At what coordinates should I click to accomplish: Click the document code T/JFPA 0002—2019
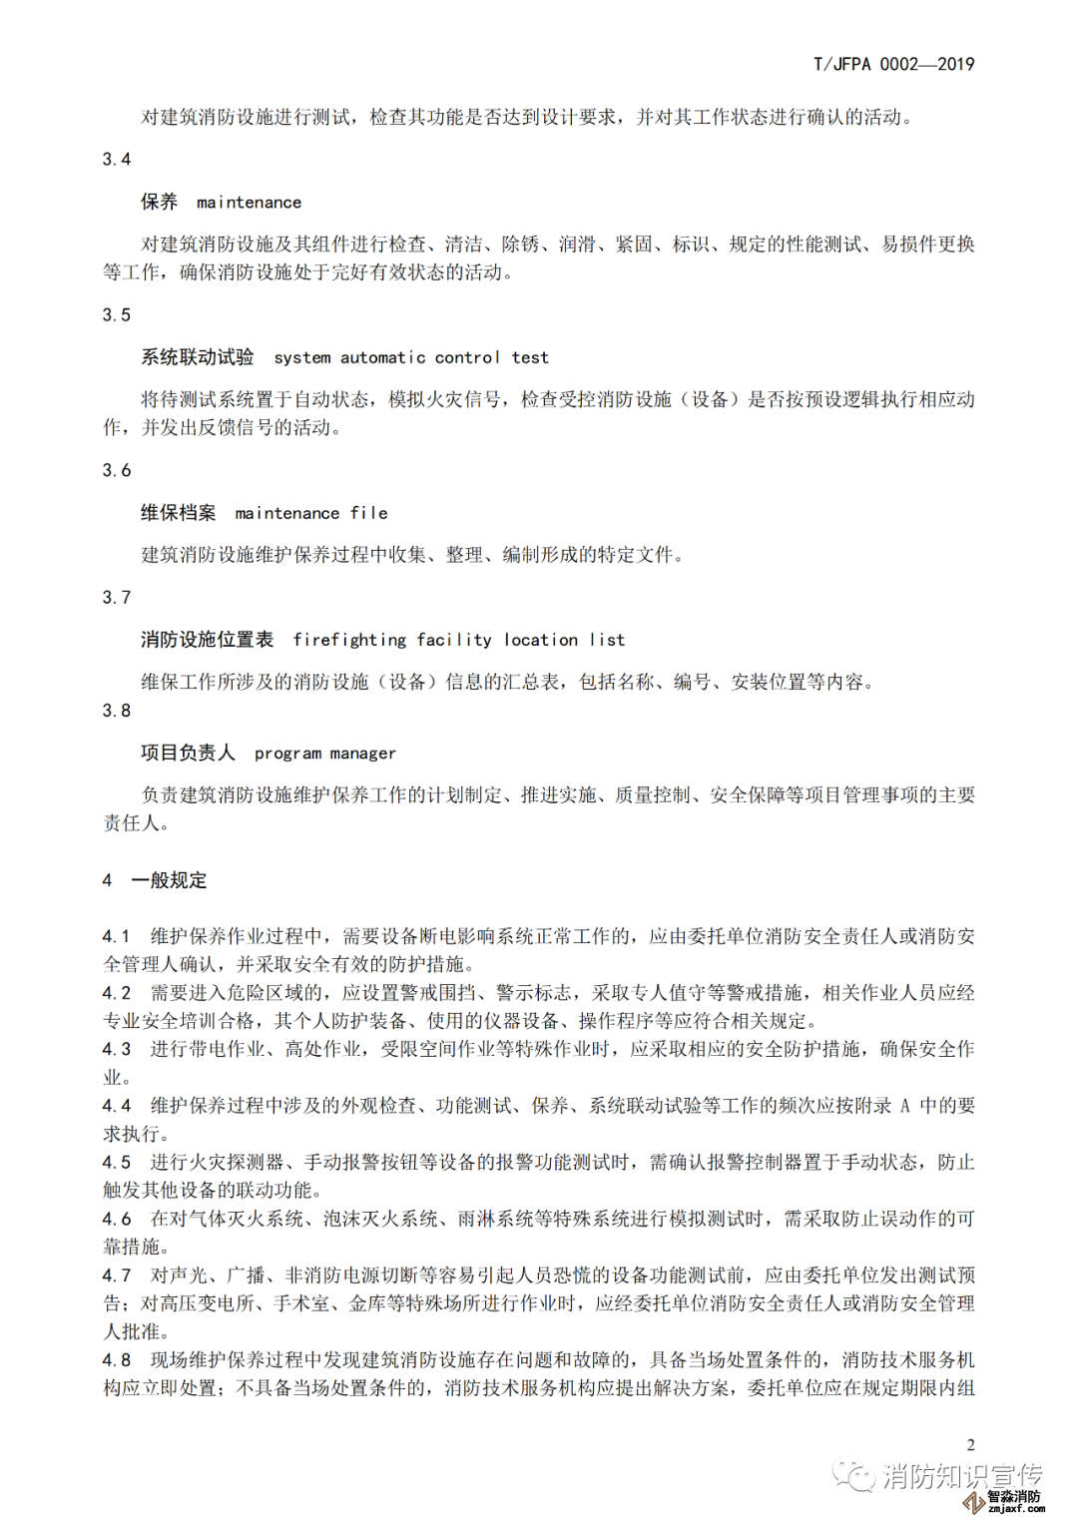click(x=893, y=64)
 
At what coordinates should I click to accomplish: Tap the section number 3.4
click(x=117, y=160)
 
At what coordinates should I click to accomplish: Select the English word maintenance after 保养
click(x=249, y=203)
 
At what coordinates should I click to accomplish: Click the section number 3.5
click(x=117, y=315)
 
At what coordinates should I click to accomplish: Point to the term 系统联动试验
click(x=198, y=357)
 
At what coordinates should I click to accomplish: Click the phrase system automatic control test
click(x=410, y=357)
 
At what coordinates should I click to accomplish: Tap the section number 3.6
click(x=117, y=471)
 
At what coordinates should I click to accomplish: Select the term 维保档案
click(x=179, y=513)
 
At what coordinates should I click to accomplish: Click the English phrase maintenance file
click(x=310, y=513)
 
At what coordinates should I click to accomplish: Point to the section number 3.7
click(x=117, y=598)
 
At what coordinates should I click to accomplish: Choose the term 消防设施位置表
click(x=207, y=640)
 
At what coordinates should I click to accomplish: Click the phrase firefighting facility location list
click(x=458, y=640)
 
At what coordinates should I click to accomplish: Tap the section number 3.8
click(x=117, y=711)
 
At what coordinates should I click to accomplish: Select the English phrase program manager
click(x=324, y=754)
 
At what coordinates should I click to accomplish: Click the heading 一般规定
click(x=170, y=880)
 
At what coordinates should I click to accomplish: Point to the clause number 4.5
click(x=117, y=1163)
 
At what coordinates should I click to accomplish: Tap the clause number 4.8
click(x=117, y=1360)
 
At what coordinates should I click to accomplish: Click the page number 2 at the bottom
click(x=970, y=1444)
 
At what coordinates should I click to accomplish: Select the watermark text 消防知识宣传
click(x=962, y=1476)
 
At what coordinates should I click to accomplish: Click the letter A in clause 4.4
click(x=905, y=1106)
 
